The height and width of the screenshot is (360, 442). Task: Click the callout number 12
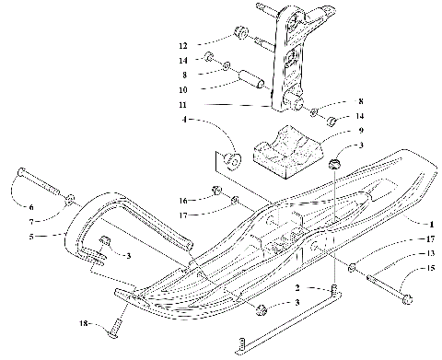[183, 45]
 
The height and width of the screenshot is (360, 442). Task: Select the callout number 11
[184, 106]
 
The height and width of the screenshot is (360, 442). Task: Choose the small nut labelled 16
[217, 192]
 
